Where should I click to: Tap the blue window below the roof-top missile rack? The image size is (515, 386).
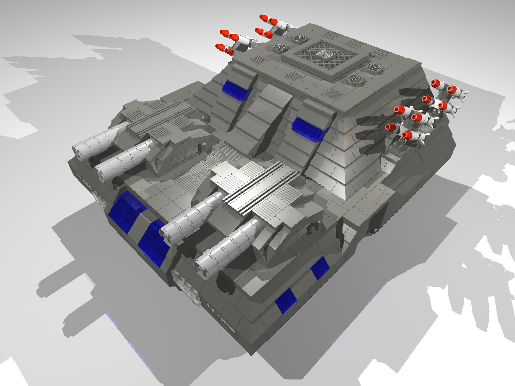coord(236,89)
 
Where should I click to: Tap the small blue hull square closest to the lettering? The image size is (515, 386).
coord(285,301)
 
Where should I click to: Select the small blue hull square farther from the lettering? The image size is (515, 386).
coord(319,268)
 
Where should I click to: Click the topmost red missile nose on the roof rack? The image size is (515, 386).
coord(263,18)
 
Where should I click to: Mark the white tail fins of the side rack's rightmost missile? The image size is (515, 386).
coord(464,94)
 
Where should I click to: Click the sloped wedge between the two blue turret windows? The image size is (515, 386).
coord(269,108)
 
